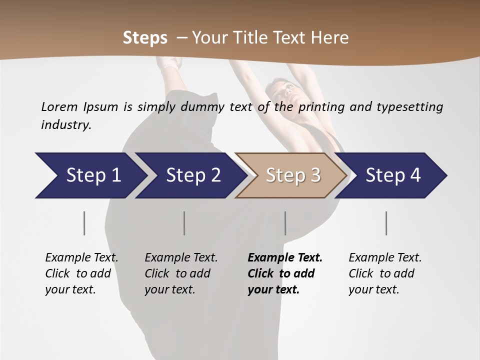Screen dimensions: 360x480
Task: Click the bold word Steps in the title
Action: tap(145, 38)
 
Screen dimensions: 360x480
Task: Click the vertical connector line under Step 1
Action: tap(84, 223)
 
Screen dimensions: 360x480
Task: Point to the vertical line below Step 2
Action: tap(184, 223)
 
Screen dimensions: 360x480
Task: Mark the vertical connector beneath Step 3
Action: tap(285, 223)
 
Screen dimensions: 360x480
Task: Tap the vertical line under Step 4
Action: tap(386, 223)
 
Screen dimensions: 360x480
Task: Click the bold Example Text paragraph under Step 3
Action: tap(285, 273)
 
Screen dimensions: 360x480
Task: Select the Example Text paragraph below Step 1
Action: tap(81, 273)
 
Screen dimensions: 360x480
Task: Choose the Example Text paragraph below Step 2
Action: tap(181, 273)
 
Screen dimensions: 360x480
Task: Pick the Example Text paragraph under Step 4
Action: tap(385, 273)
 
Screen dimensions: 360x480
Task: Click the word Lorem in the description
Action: tap(59, 106)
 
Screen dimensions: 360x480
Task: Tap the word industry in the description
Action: tap(66, 125)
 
